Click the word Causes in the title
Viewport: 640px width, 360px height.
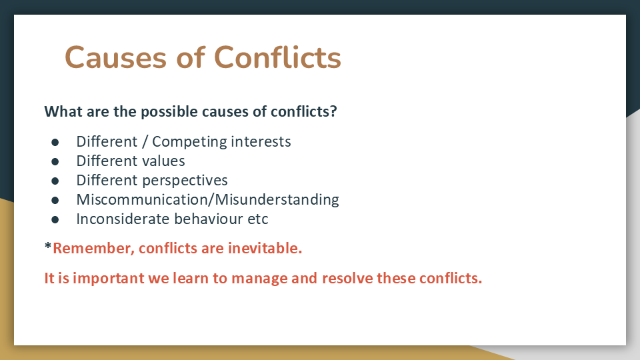click(x=115, y=57)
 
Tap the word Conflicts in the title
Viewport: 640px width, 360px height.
click(x=277, y=57)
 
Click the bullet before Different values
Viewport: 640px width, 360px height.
click(x=55, y=161)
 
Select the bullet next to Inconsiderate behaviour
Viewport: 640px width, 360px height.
click(x=55, y=219)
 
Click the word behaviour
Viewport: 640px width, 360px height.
click(x=209, y=219)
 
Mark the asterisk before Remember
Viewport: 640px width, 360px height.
click(x=48, y=246)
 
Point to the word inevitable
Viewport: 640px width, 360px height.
click(x=265, y=248)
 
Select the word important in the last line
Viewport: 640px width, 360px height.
click(x=109, y=279)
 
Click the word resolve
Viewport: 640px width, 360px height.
click(x=347, y=278)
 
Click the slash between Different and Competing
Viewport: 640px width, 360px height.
click(x=145, y=142)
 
